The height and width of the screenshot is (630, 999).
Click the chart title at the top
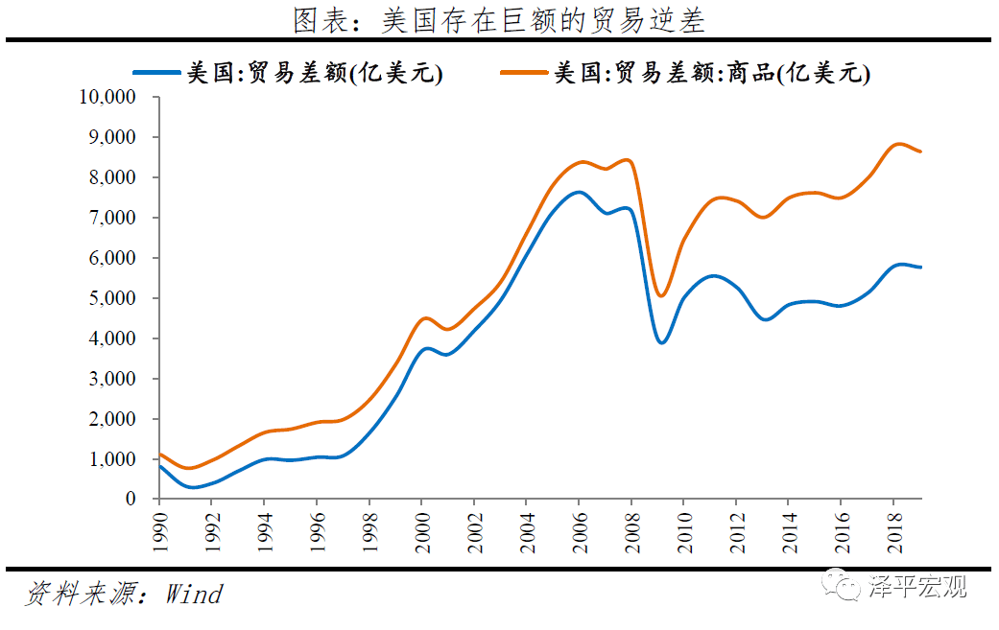click(x=499, y=20)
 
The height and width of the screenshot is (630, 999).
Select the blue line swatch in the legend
click(x=156, y=73)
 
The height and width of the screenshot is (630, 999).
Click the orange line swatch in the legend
click(x=524, y=73)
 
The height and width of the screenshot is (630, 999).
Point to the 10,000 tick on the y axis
click(x=107, y=97)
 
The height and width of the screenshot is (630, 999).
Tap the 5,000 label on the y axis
click(x=112, y=298)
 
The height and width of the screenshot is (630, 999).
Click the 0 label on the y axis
click(x=131, y=499)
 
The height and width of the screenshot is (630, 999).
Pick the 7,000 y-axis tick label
click(x=112, y=218)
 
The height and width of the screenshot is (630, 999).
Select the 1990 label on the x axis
click(x=160, y=532)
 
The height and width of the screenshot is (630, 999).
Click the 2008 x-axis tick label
click(x=632, y=532)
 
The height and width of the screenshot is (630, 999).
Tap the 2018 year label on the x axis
click(x=894, y=532)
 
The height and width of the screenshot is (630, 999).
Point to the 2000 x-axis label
click(x=422, y=532)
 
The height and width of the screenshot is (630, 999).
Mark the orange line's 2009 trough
click(x=661, y=296)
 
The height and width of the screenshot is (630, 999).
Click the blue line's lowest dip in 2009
click(x=662, y=343)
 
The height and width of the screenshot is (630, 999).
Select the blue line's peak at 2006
click(x=579, y=192)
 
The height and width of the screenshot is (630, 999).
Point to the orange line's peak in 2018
click(x=898, y=144)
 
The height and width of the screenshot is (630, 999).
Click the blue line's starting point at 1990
click(x=159, y=466)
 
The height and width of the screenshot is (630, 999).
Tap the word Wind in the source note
click(x=194, y=595)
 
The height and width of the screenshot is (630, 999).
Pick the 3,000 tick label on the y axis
click(x=112, y=379)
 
